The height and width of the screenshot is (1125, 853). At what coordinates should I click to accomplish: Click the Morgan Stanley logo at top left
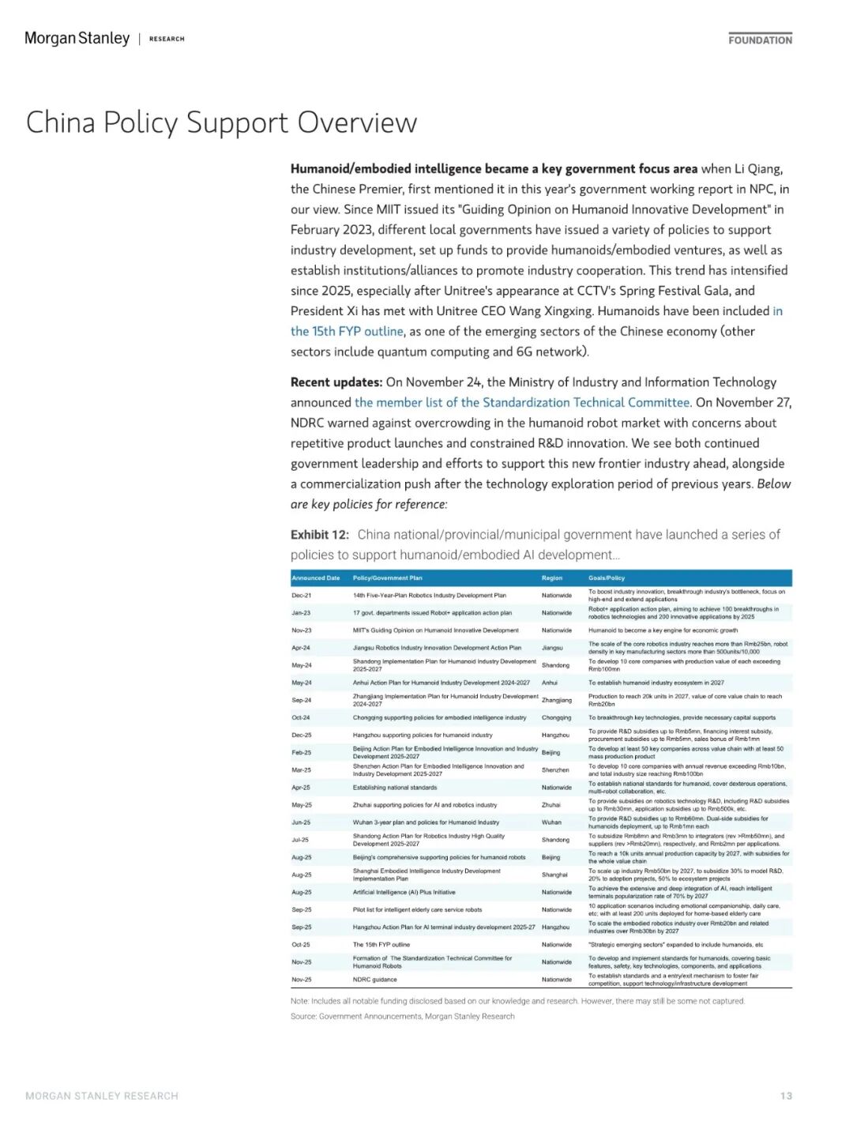tap(77, 38)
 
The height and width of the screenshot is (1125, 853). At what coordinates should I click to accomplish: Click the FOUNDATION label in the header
tap(760, 40)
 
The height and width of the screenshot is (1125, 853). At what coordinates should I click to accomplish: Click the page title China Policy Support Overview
tap(221, 122)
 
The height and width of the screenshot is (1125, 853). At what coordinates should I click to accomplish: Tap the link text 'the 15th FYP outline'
tap(347, 331)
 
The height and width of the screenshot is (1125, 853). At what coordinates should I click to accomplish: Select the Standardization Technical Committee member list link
tap(522, 402)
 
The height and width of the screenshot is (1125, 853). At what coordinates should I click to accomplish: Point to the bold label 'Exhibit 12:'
tap(319, 534)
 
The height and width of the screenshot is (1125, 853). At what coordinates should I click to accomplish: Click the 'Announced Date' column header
tap(315, 578)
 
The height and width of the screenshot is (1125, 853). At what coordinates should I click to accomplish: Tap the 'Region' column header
tap(552, 578)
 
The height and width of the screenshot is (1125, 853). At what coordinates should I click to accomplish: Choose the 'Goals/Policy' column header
tap(607, 578)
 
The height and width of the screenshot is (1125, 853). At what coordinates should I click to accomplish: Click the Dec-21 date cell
tap(301, 596)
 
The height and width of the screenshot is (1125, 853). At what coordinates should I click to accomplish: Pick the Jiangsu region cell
tap(552, 648)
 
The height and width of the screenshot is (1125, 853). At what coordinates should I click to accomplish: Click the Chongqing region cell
tap(556, 717)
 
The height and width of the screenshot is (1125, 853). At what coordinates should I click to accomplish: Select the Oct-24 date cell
tap(301, 717)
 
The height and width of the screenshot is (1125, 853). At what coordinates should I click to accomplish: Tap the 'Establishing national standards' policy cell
tap(394, 788)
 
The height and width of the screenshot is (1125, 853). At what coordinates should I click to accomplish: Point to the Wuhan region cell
tap(551, 822)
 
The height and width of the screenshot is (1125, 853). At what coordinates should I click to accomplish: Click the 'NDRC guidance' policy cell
tap(374, 980)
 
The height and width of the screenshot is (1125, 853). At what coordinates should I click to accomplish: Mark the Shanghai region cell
tap(554, 875)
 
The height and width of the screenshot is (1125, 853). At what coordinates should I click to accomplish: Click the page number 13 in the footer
tap(786, 1096)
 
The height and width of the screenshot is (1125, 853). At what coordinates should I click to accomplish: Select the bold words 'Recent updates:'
tap(336, 382)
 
